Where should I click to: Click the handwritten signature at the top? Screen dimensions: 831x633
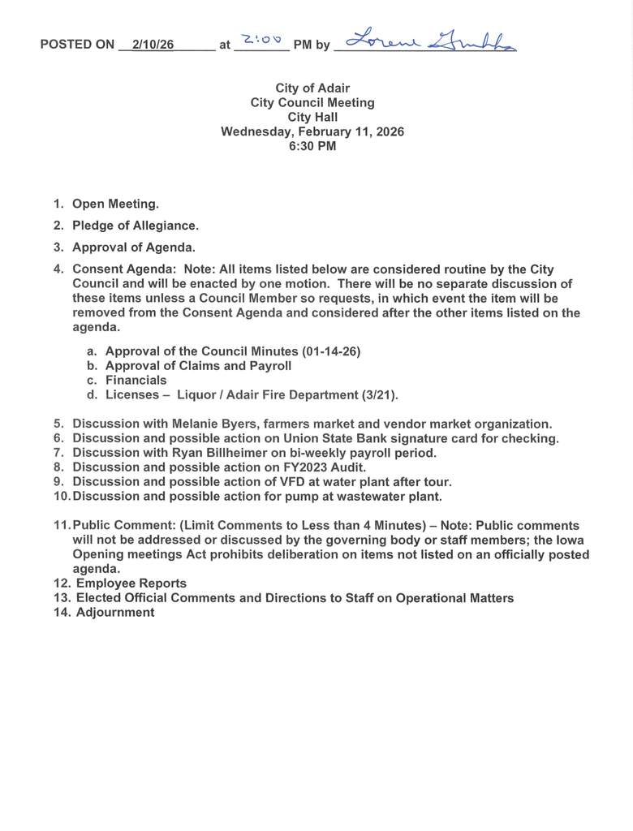tap(430, 41)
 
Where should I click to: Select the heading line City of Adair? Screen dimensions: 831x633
tap(312, 88)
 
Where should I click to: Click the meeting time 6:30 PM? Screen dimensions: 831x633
tap(312, 147)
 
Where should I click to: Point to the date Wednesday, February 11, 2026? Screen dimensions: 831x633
tap(312, 132)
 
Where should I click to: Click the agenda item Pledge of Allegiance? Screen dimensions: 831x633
tap(135, 226)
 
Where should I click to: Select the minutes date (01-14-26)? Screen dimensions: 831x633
tap(331, 351)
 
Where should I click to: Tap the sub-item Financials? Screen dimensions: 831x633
tap(136, 381)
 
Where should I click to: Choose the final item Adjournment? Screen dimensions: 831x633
tap(114, 614)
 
